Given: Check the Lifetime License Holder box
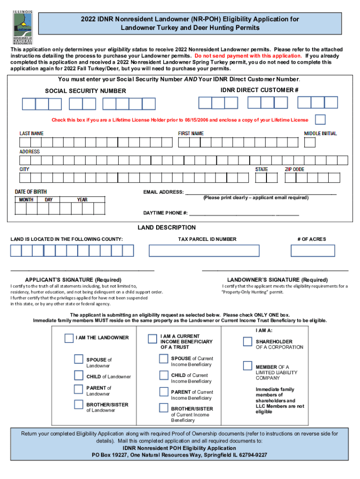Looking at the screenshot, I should (x=320, y=119).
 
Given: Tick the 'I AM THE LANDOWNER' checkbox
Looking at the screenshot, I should (x=69, y=338).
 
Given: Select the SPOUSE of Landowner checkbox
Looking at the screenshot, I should (x=79, y=359).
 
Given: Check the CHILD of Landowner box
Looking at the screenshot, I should (x=79, y=375).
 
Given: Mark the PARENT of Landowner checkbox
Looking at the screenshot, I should (x=79, y=389).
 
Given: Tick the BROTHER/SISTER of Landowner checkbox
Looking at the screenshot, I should (x=79, y=404).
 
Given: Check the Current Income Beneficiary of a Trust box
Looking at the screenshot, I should (x=152, y=339).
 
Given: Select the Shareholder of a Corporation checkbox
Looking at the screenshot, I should (x=247, y=341).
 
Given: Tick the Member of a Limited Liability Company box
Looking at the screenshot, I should (x=247, y=365).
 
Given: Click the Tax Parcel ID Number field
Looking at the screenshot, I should (x=204, y=251).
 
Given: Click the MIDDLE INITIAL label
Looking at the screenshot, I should (x=320, y=134).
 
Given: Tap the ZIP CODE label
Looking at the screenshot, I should (x=295, y=169).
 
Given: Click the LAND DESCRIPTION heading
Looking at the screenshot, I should (x=166, y=228).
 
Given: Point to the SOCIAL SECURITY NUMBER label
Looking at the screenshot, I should (x=85, y=91).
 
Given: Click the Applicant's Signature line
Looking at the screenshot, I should (x=82, y=269).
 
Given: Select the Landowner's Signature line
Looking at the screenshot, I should (x=275, y=269).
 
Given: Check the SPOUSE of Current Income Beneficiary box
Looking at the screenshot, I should (x=163, y=359).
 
